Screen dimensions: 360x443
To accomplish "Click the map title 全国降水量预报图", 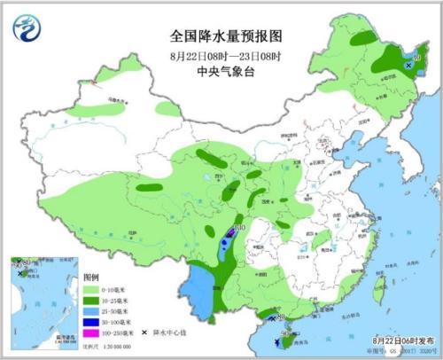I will (219, 38).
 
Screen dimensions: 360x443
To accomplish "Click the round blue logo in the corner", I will (27, 29).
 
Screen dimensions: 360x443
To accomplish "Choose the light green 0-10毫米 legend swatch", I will (91, 290).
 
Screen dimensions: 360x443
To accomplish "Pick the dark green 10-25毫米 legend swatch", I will (91, 301).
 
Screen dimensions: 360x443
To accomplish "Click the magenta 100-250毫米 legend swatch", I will (91, 332).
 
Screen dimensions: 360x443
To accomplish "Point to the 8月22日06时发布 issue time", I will (405, 340).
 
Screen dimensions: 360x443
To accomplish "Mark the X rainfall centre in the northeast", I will (408, 66).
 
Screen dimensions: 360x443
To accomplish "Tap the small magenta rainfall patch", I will (230, 232).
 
